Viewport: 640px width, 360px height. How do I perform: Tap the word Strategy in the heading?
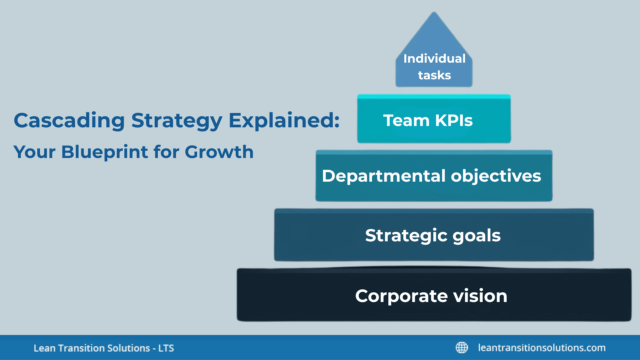pos(177,121)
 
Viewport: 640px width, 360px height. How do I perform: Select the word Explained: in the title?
pos(284,121)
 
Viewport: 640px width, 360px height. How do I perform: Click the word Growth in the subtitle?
pos(219,152)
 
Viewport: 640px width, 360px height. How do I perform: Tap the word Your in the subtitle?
pos(34,152)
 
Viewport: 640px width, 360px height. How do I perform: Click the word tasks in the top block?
pos(434,75)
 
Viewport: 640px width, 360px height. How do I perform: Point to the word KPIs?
pos(454,121)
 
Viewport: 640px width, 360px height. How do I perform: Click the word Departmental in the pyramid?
pos(384,176)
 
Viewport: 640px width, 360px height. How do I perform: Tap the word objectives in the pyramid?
pos(496,176)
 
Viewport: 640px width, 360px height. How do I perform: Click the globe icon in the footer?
pos(462,348)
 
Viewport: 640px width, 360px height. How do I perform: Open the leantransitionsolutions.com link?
pos(542,348)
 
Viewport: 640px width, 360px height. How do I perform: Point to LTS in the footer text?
pos(166,348)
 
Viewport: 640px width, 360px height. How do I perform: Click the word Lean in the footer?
pos(44,348)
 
